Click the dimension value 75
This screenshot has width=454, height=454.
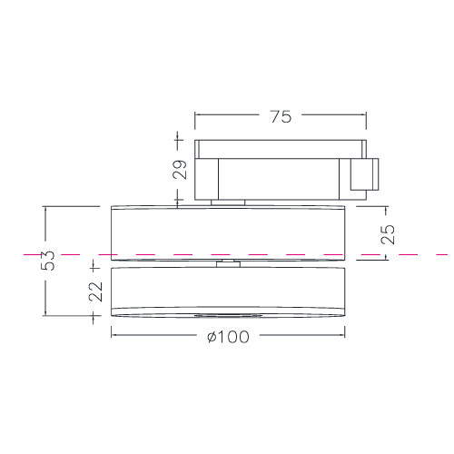click(281, 116)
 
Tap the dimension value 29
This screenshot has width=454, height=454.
click(180, 170)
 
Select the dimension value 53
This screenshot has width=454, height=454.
click(48, 261)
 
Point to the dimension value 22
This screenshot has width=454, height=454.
click(95, 291)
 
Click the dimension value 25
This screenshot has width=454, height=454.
click(388, 234)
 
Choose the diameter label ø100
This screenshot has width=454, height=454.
click(229, 337)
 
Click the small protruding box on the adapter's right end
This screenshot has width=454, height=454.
click(364, 174)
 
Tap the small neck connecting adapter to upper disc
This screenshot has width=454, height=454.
click(228, 202)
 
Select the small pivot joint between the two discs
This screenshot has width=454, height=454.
click(228, 263)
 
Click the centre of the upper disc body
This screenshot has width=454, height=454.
click(228, 233)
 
